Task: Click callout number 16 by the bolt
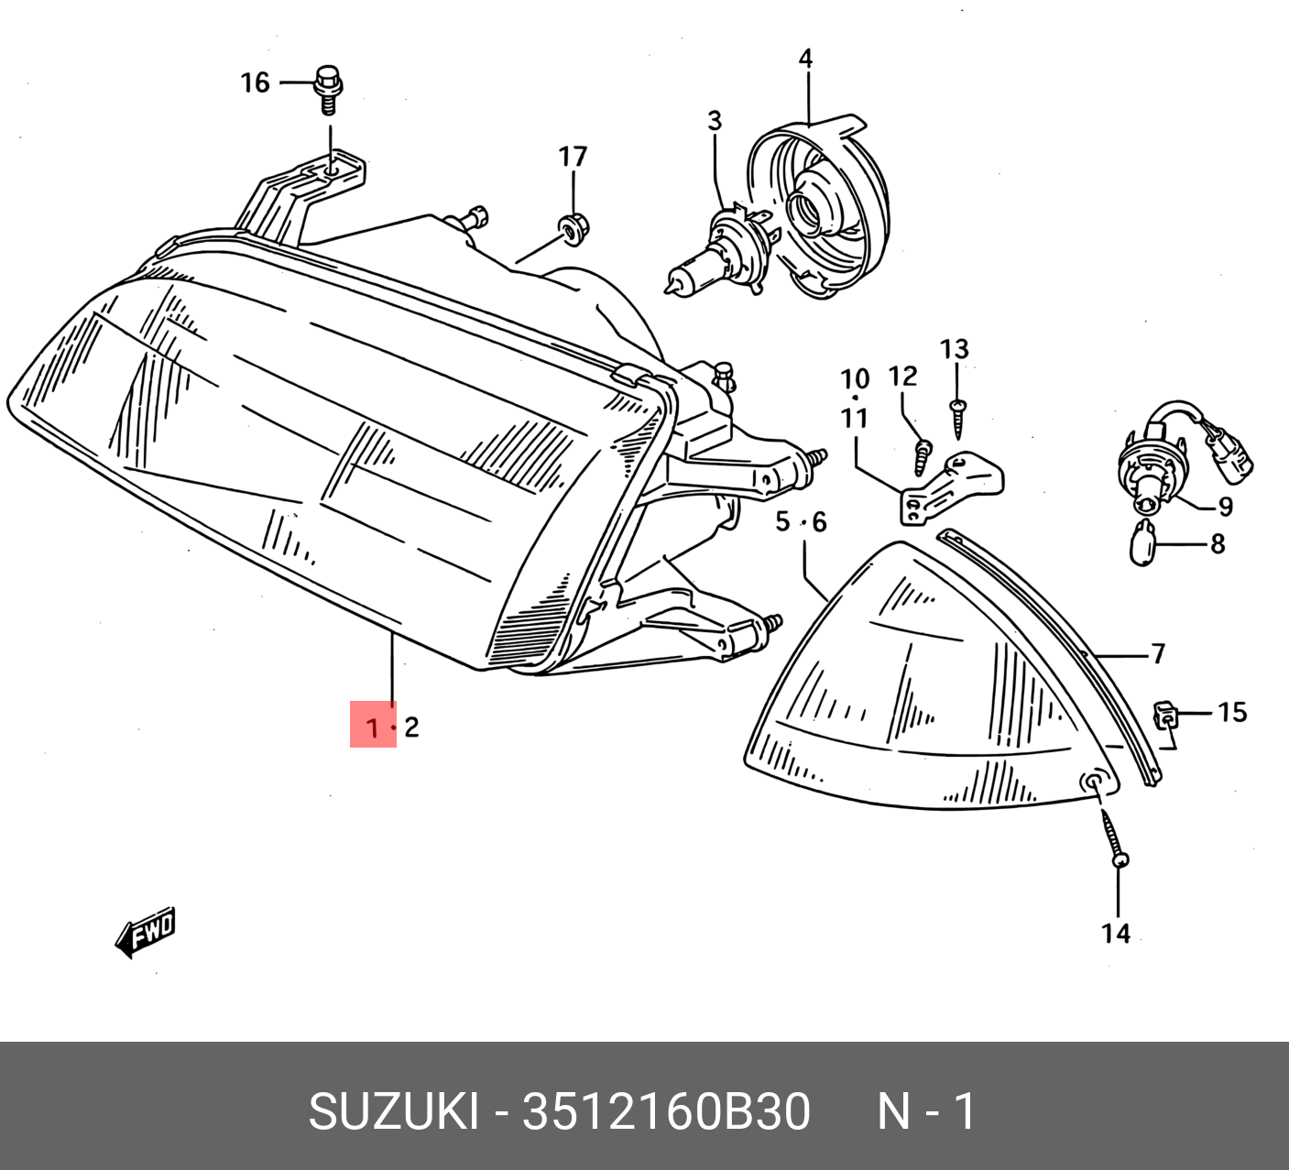point(255,83)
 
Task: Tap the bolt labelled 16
point(328,90)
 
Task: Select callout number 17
point(573,157)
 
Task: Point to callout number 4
point(806,60)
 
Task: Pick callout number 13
point(955,349)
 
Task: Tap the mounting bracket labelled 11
point(952,487)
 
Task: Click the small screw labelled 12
point(923,457)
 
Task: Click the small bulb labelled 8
point(1144,544)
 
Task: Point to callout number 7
point(1158,654)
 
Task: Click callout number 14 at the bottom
point(1115,934)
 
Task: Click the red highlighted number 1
point(373,727)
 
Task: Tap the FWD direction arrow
point(146,933)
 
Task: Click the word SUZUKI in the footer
point(393,1111)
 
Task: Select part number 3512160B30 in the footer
point(666,1111)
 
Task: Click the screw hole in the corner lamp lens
point(1092,783)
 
